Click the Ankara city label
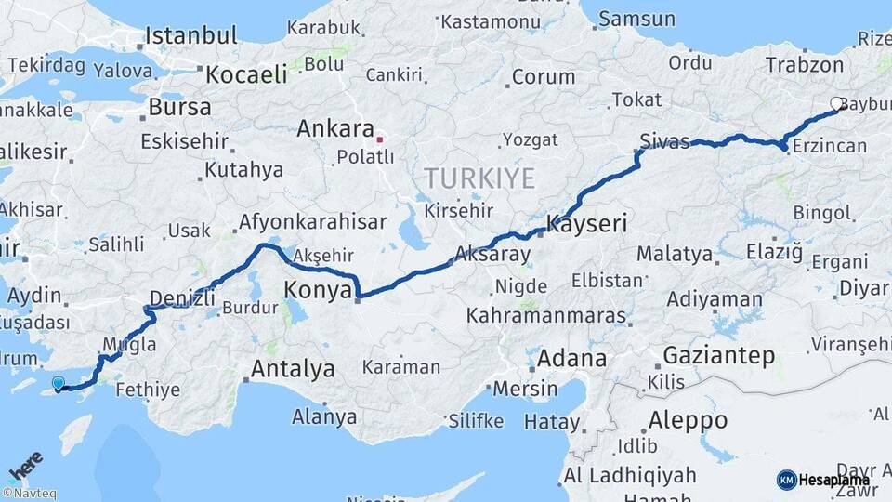point(334,130)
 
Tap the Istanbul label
point(191,36)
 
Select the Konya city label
point(318,289)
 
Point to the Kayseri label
point(587,224)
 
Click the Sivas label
point(665,142)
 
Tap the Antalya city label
point(293,369)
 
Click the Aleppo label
point(688,420)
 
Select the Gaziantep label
point(719,355)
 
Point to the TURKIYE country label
point(479,178)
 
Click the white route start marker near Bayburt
point(836,104)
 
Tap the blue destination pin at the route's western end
point(59,383)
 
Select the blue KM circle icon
point(786,480)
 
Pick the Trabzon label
point(805,65)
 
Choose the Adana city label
point(572,358)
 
